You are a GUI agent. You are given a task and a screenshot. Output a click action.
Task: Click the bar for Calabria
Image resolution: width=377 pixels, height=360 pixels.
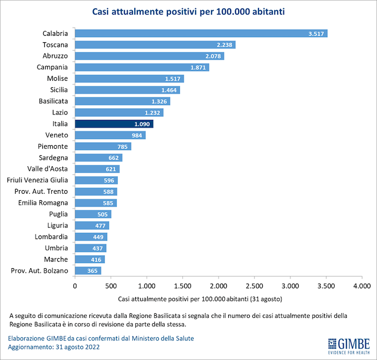coord(201,34)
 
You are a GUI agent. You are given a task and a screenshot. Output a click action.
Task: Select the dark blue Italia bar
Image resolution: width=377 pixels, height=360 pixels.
coord(114,124)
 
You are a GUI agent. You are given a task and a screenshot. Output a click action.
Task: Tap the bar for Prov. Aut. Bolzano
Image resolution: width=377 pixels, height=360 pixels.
coord(88,271)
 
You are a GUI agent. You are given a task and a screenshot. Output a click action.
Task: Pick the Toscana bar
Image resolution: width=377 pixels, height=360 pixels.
coord(155,45)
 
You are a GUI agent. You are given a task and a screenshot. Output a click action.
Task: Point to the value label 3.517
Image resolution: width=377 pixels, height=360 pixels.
coord(317,34)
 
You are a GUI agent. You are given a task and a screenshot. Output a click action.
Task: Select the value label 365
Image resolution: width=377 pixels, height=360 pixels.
coord(92,271)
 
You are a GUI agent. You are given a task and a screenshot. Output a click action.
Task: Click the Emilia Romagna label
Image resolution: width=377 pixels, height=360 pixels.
coord(43,203)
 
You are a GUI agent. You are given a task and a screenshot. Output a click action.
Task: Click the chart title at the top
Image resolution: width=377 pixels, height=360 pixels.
coord(189,11)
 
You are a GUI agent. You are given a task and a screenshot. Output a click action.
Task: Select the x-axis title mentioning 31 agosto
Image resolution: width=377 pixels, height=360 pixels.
coord(200,299)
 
